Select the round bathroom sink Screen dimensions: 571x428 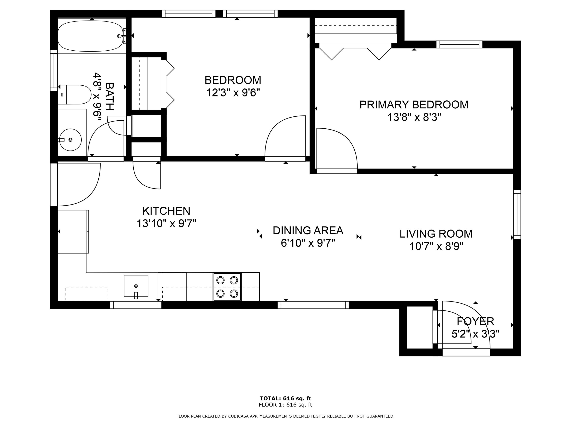tap(70, 140)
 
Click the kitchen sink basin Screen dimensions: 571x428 tap(136, 286)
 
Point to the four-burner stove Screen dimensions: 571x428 tap(227, 287)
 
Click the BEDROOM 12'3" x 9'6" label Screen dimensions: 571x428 tap(233, 86)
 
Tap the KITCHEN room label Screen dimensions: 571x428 tap(166, 211)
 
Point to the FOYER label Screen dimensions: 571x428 tap(475, 321)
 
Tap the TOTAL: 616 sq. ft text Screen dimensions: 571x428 tap(285, 399)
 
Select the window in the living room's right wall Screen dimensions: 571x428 tap(517, 214)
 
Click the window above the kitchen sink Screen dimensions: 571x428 tap(136, 305)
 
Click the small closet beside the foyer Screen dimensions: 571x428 tap(420, 327)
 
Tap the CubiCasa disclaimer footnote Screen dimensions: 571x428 tap(285, 416)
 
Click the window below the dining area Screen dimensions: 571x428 tap(313, 305)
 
